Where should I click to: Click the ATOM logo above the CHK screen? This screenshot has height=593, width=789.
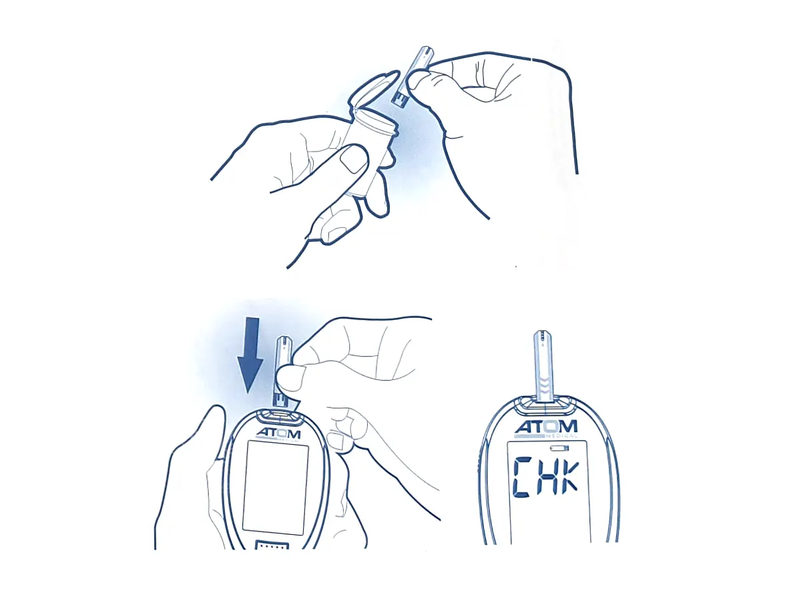click(545, 427)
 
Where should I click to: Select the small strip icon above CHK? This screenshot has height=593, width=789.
click(567, 448)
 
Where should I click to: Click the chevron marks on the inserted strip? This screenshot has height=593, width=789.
click(545, 385)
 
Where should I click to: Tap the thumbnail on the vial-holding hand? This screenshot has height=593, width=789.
click(353, 160)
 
